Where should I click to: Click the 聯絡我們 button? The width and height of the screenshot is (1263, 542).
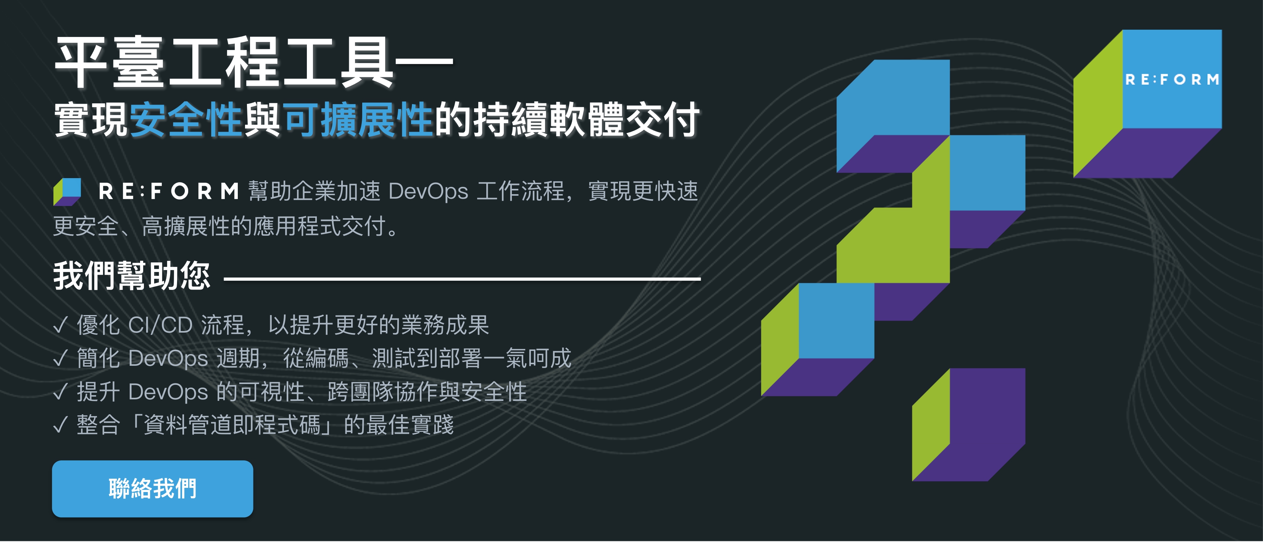pos(152,489)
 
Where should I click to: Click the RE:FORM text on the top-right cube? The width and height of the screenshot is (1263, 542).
pos(1172,79)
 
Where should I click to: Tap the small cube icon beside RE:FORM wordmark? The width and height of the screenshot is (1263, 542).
pos(67,191)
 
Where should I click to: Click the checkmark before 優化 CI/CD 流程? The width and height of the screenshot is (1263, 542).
pos(60,325)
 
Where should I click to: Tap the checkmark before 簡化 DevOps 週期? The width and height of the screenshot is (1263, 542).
pos(60,358)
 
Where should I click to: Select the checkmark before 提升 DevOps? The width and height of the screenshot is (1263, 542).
pos(60,392)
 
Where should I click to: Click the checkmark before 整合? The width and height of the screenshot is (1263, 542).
pos(60,425)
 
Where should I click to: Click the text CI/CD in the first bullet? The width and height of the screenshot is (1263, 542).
pos(160,325)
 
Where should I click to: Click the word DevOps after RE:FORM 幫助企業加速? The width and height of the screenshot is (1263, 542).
pos(428,191)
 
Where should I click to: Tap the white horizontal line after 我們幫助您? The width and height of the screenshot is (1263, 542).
pos(462,279)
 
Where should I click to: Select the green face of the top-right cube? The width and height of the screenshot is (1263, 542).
pos(1098,103)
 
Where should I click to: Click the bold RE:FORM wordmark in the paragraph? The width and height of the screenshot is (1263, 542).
pos(169,191)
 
